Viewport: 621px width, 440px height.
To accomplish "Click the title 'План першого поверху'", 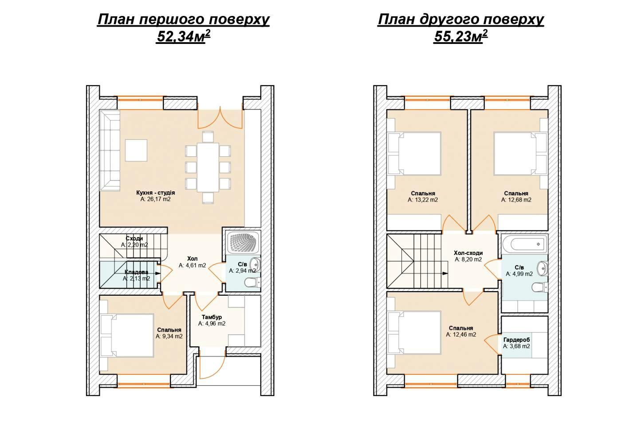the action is coord(183,20).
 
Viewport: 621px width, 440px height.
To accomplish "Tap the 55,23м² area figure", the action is coord(460,36).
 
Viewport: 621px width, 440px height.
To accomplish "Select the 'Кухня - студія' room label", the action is coord(156,193).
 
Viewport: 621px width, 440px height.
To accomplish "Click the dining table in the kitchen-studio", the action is coord(208,167).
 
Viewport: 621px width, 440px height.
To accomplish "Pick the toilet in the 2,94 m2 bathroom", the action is coord(253,283).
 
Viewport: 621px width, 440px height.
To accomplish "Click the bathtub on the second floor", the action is coord(524,244).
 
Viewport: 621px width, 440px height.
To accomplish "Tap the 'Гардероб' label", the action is coord(516,340).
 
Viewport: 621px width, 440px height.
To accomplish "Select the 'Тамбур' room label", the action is coord(212,317).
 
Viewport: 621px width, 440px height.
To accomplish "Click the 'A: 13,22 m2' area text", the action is coord(422,200).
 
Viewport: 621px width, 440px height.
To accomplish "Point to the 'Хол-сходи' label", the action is coord(468,253).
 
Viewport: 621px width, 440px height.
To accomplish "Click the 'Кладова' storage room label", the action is coord(137,272).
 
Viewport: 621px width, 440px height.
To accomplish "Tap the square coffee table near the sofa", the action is coord(136,150).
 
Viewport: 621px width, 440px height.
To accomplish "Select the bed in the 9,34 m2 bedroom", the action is coord(127,335).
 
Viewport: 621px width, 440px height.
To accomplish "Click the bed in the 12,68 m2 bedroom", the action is coord(520,154).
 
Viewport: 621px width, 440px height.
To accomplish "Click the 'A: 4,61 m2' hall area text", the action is coord(193,265).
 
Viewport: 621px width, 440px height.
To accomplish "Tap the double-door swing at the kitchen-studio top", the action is coord(220,118).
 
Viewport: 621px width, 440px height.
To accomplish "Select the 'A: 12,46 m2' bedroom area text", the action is coord(461,335).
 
